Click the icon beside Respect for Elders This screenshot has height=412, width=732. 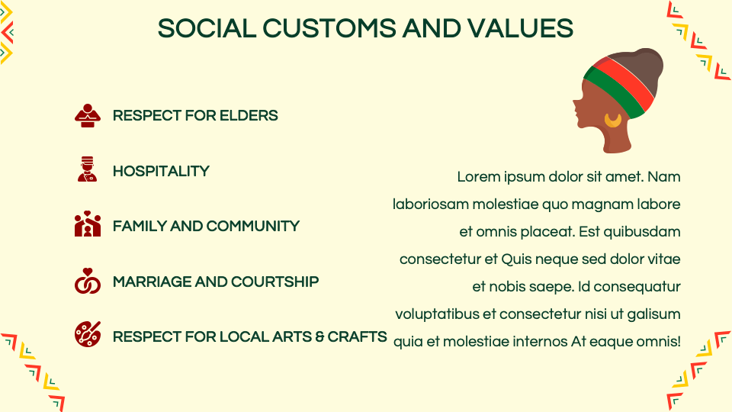[87, 116]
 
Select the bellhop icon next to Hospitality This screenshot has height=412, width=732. [87, 169]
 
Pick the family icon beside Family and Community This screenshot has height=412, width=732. [87, 224]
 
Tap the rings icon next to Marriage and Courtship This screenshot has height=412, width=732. [87, 281]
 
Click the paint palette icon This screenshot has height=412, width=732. [87, 334]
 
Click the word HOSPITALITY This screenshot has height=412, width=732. [161, 171]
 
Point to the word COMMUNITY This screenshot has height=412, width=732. [252, 226]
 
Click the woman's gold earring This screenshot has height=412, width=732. [613, 120]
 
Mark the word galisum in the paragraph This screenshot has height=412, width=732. [653, 314]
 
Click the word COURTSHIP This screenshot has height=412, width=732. [275, 282]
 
